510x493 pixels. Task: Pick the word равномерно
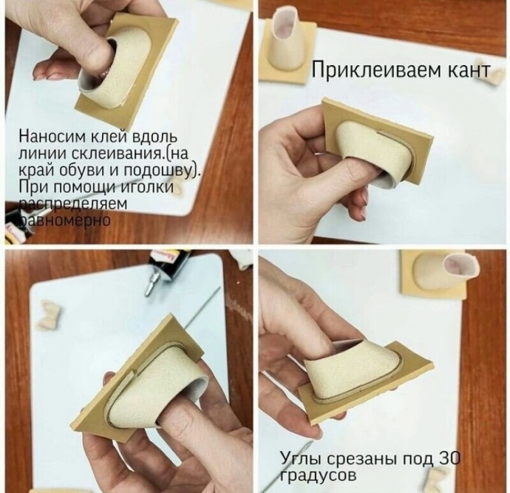[65, 220]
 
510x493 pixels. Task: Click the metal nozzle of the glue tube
[152, 285]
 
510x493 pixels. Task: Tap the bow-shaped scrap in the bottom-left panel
[50, 315]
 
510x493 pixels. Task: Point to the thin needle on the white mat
[201, 307]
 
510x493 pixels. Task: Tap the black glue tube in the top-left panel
[18, 225]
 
